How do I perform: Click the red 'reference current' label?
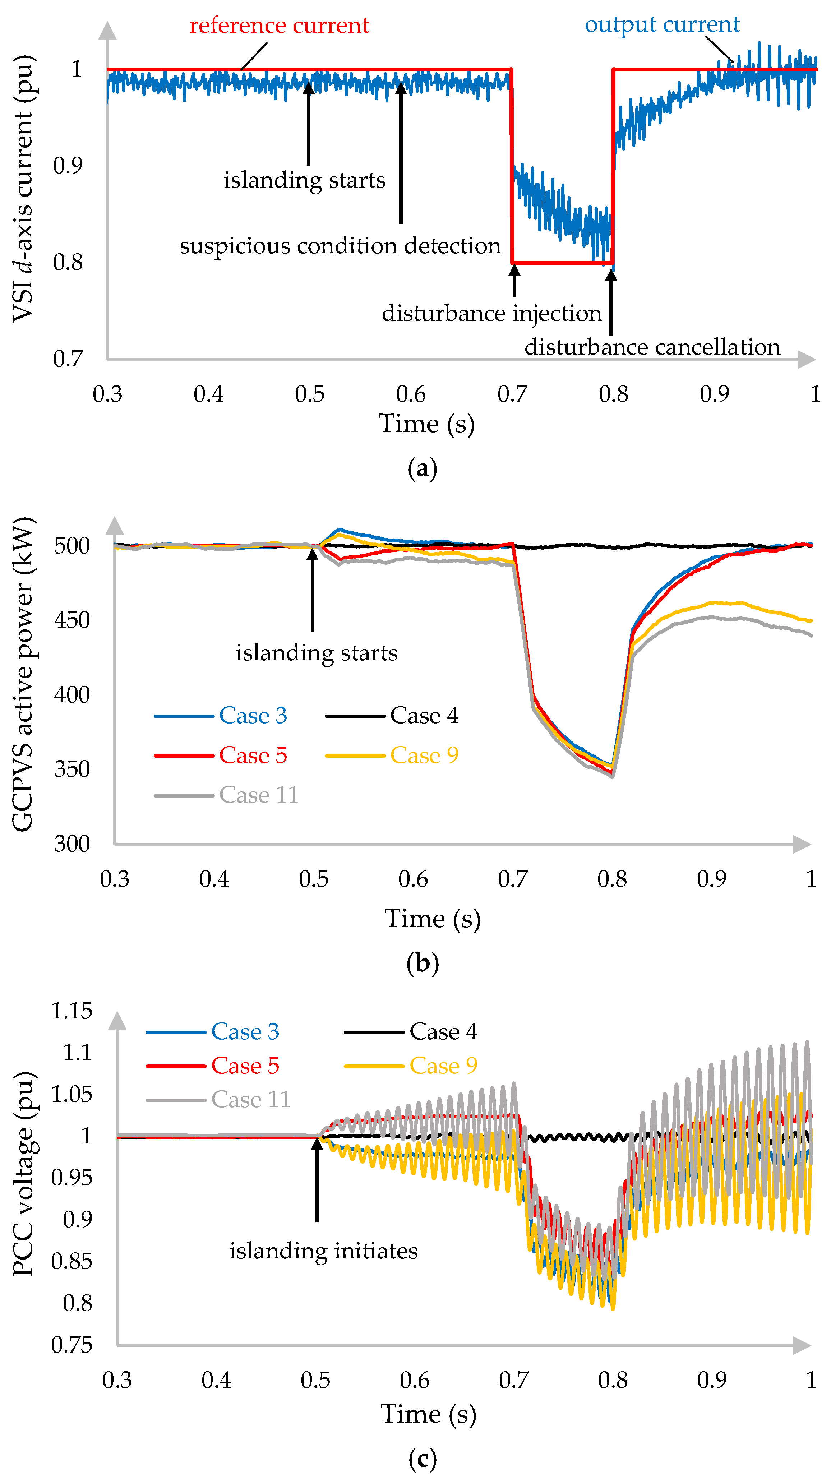point(279,26)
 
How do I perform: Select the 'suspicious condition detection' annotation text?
point(340,246)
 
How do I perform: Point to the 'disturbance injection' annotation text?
point(491,314)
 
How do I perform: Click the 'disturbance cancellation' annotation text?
point(652,347)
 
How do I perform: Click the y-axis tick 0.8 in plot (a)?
point(68,262)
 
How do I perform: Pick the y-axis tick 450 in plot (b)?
point(72,620)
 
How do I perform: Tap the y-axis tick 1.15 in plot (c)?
point(72,1011)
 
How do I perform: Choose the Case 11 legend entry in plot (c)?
point(218,1100)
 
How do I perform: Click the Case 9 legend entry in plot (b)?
point(392,755)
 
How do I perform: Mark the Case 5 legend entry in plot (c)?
point(212,1066)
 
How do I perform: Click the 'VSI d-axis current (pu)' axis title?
point(23,188)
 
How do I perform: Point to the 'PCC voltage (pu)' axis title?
point(23,1174)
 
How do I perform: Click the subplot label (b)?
point(422,963)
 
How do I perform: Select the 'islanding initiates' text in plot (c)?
point(323,1251)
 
